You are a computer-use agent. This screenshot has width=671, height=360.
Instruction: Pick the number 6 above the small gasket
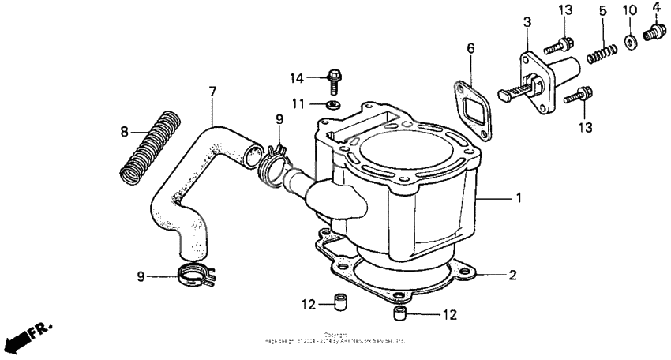[470, 48]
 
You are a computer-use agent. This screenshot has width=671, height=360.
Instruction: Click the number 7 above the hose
[212, 92]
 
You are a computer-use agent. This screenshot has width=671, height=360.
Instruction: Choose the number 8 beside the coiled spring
[124, 131]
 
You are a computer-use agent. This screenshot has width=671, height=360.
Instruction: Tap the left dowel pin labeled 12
[341, 302]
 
